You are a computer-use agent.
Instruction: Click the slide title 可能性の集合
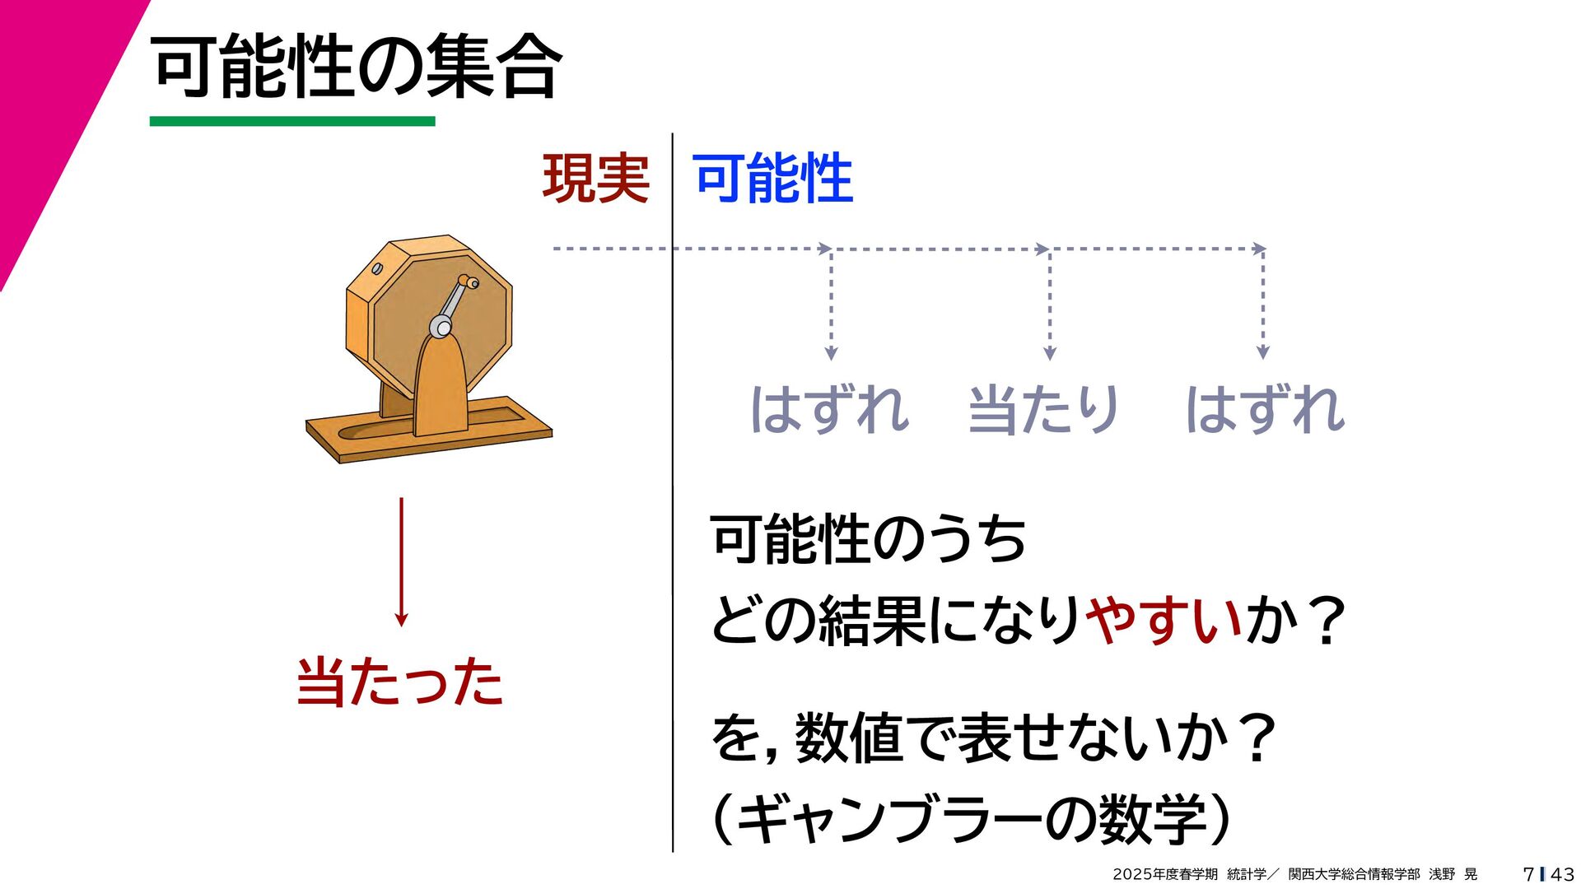tap(357, 67)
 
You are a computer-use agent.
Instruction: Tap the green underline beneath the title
tap(292, 121)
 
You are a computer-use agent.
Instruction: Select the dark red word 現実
tap(595, 179)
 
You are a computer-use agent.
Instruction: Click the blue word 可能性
tap(773, 179)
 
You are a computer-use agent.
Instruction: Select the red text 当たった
tap(399, 682)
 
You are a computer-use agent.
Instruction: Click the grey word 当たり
tap(1043, 410)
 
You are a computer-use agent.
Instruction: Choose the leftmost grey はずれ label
tap(829, 410)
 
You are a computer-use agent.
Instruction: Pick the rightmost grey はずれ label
tap(1265, 410)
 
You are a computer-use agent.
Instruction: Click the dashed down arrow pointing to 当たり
tap(1049, 305)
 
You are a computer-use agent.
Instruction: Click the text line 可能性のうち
tap(868, 540)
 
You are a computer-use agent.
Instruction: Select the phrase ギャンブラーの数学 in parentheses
tap(972, 820)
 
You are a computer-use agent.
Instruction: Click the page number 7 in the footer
tap(1528, 874)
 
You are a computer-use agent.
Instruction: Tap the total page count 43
tap(1561, 874)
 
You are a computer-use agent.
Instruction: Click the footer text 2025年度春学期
tap(1164, 874)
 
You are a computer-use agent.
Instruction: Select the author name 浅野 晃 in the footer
tap(1453, 874)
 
